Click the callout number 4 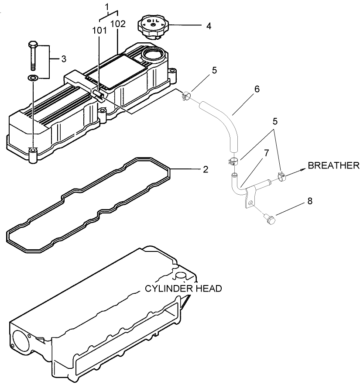[209, 26]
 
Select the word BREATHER [333, 165]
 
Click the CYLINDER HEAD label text [183, 289]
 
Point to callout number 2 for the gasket [205, 169]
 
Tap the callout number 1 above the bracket [106, 7]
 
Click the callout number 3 [63, 58]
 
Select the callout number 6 [257, 89]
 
